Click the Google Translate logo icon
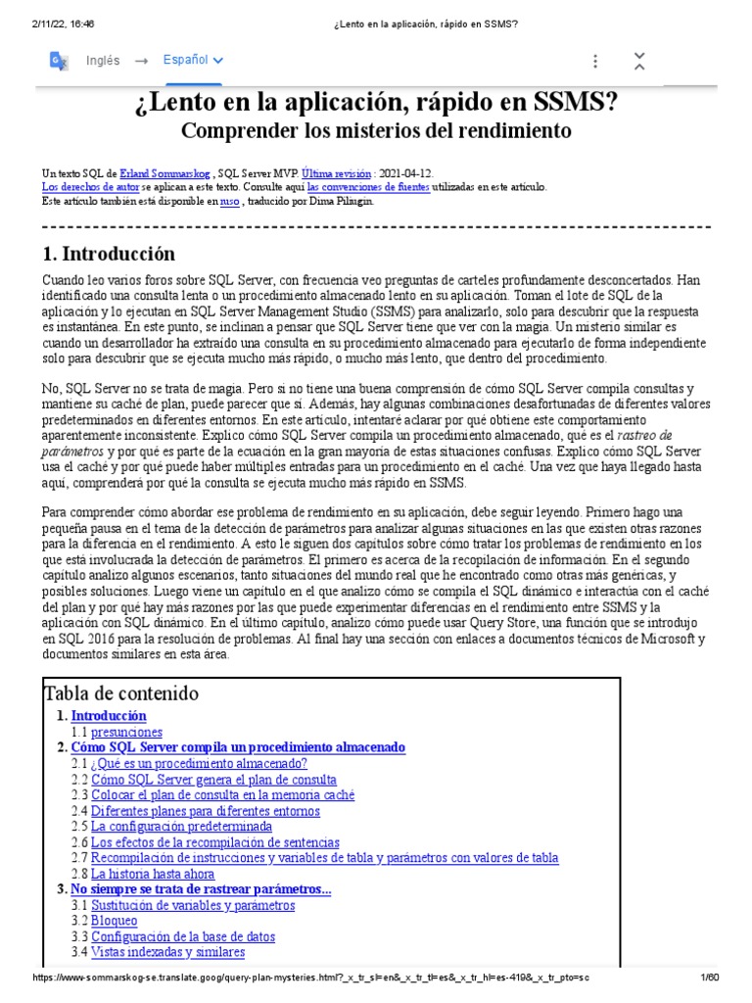pyautogui.click(x=59, y=62)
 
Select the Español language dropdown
pyautogui.click(x=193, y=61)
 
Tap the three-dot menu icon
pyautogui.click(x=594, y=62)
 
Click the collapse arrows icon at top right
pyautogui.click(x=639, y=61)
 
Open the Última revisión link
pyautogui.click(x=336, y=171)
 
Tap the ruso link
pyautogui.click(x=230, y=201)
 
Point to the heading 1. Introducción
pyautogui.click(x=110, y=254)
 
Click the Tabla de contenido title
pyautogui.click(x=121, y=693)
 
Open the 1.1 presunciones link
pyautogui.click(x=127, y=732)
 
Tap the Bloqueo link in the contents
pyautogui.click(x=115, y=920)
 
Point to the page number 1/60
pyautogui.click(x=709, y=978)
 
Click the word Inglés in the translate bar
pyautogui.click(x=104, y=61)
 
